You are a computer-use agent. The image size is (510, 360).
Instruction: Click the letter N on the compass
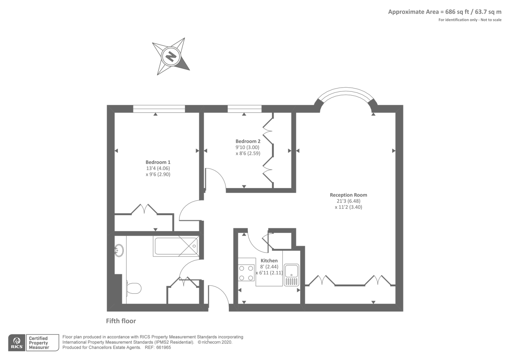(x=171, y=56)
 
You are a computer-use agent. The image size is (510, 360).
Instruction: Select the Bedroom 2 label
(x=248, y=141)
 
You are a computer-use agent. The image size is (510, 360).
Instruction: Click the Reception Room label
(x=348, y=195)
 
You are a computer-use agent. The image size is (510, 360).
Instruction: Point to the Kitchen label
(x=269, y=261)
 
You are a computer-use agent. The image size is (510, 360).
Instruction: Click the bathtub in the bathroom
(x=176, y=246)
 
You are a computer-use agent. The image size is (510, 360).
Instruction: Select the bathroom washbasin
(x=119, y=250)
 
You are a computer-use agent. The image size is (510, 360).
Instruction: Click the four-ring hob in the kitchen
(x=246, y=273)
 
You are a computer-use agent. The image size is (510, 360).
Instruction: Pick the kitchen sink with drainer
(x=291, y=275)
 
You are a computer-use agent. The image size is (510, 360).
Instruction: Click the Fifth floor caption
(x=121, y=321)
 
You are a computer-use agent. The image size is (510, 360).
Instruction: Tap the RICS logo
(x=17, y=343)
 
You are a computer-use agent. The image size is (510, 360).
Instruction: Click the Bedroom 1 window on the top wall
(x=159, y=109)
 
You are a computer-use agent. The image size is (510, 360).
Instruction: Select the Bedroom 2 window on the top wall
(x=244, y=109)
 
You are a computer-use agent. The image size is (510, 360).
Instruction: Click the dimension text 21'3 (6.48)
(x=348, y=201)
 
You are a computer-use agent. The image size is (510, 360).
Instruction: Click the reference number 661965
(x=163, y=348)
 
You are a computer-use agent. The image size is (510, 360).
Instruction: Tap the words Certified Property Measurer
(x=39, y=343)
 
